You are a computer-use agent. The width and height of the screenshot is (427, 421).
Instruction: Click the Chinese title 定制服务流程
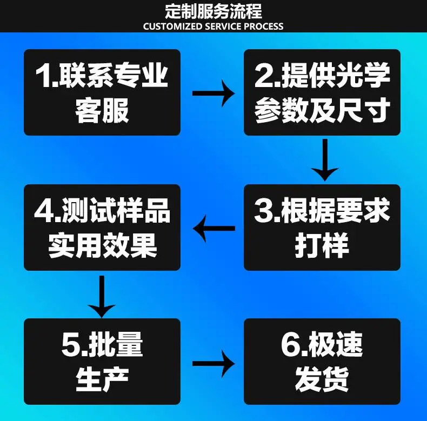(213, 11)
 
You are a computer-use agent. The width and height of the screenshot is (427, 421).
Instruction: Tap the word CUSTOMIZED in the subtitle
(172, 26)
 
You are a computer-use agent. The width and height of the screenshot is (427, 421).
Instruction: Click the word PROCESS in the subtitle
(263, 26)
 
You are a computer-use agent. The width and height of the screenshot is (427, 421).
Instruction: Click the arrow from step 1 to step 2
(213, 93)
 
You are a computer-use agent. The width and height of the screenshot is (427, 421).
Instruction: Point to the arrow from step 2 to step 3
(325, 160)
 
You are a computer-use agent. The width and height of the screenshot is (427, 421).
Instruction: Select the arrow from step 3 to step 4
(214, 228)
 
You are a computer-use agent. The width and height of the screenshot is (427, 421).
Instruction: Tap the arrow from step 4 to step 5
(102, 297)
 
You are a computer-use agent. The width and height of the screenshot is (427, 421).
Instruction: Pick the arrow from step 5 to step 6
(213, 364)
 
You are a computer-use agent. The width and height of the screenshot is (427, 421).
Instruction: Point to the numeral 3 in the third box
(264, 210)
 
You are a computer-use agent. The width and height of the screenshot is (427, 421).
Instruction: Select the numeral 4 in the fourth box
(44, 210)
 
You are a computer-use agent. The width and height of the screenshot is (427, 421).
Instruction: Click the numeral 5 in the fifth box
(71, 344)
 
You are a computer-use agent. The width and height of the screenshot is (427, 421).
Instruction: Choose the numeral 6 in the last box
(291, 344)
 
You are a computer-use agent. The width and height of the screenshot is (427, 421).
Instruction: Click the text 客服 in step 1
(102, 111)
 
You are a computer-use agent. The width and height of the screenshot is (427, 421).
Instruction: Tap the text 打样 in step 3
(322, 245)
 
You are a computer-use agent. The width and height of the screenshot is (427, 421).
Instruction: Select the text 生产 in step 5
(102, 379)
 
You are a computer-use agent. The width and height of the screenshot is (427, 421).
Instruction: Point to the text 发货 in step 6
(322, 379)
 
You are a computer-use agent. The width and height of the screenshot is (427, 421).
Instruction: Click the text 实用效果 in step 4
(102, 245)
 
